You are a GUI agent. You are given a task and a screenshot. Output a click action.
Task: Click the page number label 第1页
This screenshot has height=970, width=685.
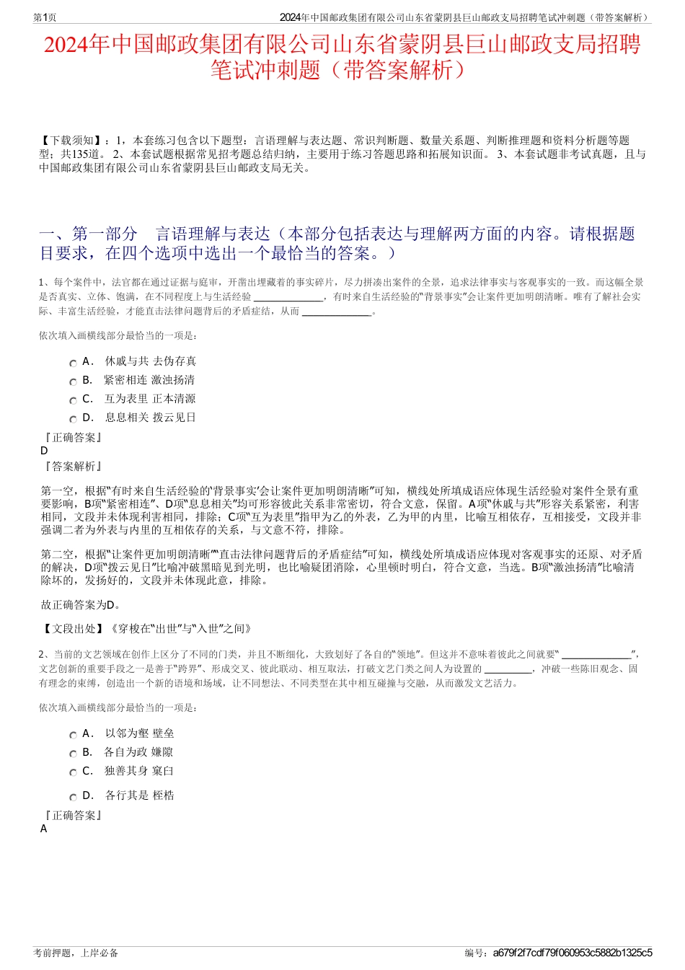(x=45, y=17)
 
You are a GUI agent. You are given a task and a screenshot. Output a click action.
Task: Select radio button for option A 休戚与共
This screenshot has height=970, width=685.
(x=73, y=363)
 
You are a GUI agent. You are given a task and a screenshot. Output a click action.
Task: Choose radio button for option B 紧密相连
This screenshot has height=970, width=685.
(x=73, y=382)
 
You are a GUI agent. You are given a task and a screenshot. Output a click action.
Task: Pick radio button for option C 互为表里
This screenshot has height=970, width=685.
(x=73, y=401)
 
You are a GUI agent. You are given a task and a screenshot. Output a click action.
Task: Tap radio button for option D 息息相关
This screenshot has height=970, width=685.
(x=73, y=420)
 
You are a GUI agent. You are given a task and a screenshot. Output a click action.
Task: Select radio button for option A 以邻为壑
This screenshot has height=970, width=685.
(x=73, y=736)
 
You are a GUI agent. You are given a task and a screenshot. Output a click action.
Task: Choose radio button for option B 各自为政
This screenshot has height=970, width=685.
(x=73, y=754)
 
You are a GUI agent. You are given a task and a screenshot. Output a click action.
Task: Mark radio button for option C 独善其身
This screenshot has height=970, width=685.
(x=73, y=773)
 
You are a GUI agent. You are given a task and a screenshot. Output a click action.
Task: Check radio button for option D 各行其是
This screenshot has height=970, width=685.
(x=73, y=798)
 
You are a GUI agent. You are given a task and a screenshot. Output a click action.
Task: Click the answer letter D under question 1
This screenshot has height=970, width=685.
(x=44, y=451)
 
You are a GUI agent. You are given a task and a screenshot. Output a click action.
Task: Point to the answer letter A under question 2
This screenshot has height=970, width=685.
(x=44, y=829)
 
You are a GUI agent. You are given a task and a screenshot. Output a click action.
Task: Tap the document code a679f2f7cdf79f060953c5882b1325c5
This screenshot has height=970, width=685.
(x=573, y=953)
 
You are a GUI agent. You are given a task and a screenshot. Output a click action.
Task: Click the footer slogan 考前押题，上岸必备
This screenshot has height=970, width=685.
(x=76, y=953)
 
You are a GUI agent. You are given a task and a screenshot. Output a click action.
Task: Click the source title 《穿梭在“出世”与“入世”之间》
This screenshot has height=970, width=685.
(x=180, y=629)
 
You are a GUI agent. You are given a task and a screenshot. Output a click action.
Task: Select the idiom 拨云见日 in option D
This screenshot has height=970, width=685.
(x=174, y=418)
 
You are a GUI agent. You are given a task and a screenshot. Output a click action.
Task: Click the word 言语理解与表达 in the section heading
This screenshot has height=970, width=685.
(x=213, y=234)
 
